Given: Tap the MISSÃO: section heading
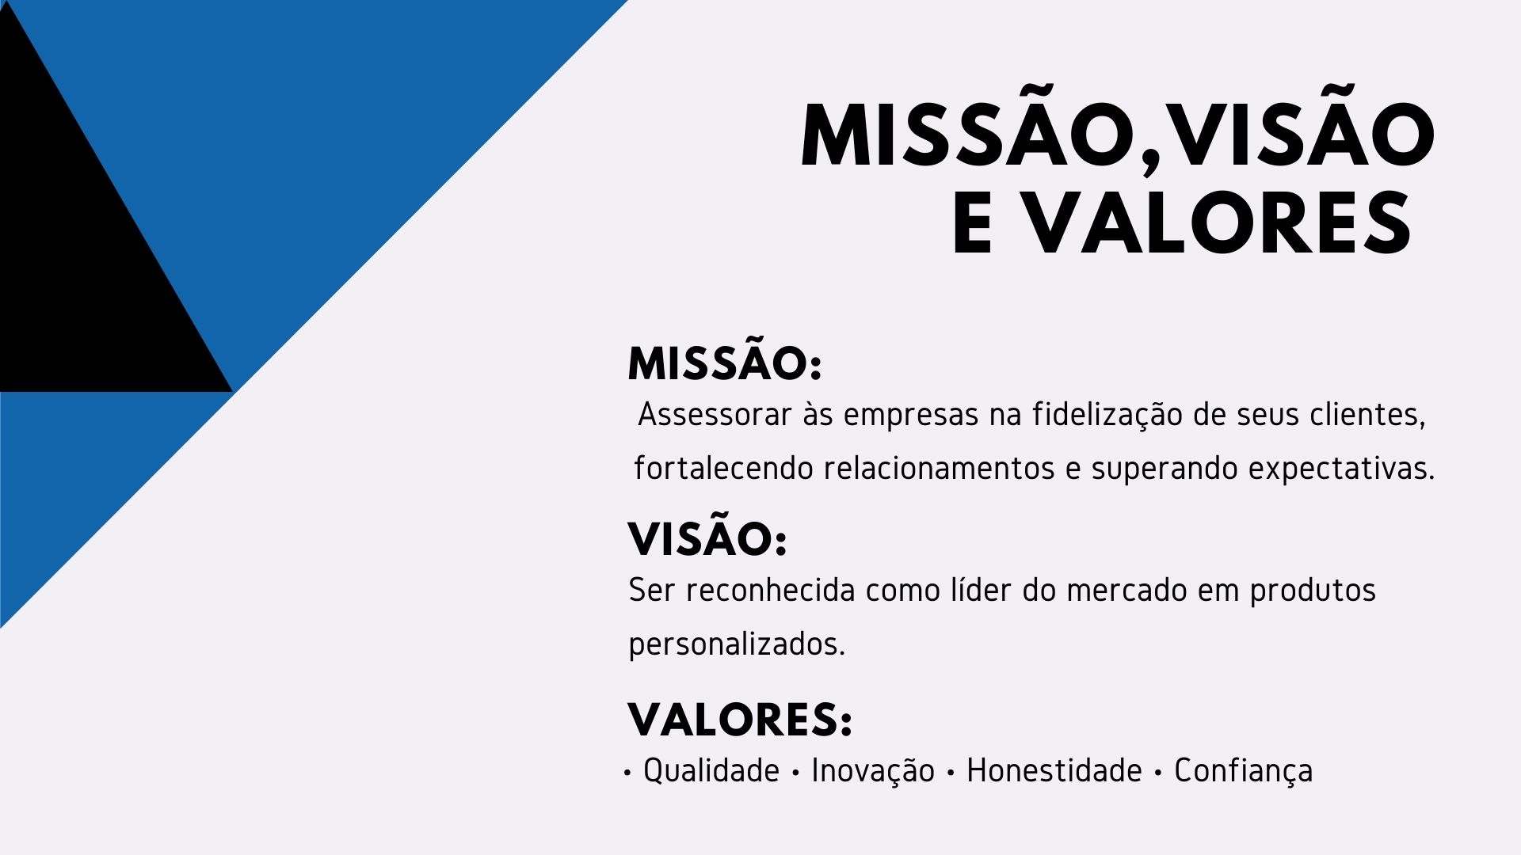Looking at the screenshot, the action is pos(725,364).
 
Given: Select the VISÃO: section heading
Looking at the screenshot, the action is pos(707,539).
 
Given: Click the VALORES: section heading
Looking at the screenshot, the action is pos(740,720).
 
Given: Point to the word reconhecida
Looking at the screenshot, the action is pos(770,591).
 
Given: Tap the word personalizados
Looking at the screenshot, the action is pos(737,645).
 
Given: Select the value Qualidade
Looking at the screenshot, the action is pos(711,771).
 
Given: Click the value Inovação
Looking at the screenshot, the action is pos(873,772).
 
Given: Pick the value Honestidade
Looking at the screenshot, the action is pos(1054,771).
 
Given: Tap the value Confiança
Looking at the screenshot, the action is pos(1243,772).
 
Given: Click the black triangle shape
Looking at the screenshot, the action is pos(79,261).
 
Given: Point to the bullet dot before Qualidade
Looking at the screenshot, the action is pos(627,773).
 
